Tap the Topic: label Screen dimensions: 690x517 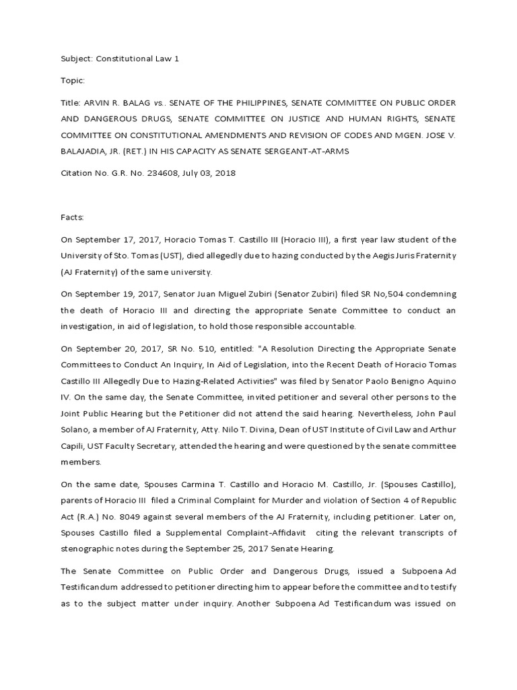73,81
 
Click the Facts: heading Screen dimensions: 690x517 74,218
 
